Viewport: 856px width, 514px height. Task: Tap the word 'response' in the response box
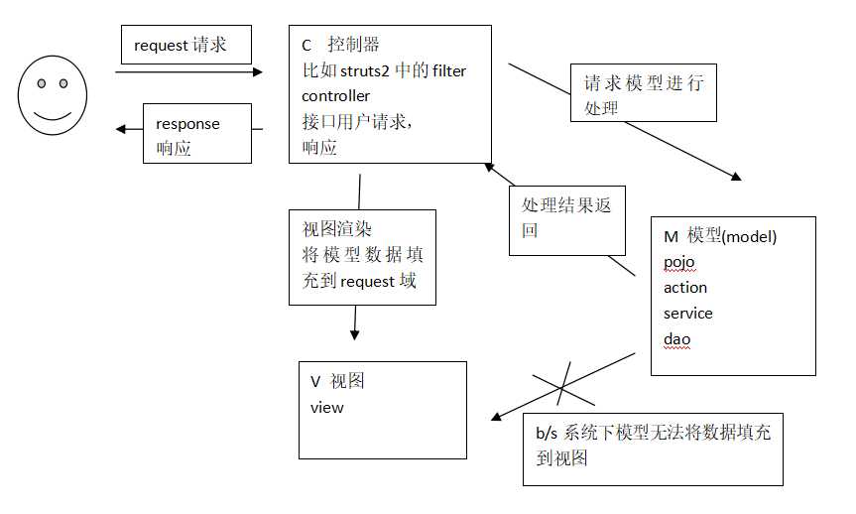[187, 124]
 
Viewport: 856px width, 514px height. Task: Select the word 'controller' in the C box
[335, 96]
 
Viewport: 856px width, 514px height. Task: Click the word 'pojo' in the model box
[679, 262]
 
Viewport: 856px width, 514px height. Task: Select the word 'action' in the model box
[685, 288]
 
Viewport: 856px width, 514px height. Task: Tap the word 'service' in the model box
[688, 314]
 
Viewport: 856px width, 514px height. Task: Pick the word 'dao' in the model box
[676, 339]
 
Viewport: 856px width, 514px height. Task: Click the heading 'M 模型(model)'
[720, 236]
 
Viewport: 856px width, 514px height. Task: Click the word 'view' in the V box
[326, 407]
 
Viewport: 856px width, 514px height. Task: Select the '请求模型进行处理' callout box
[643, 94]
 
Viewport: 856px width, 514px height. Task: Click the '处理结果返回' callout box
[568, 218]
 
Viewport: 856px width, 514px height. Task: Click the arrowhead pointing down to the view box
[354, 335]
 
